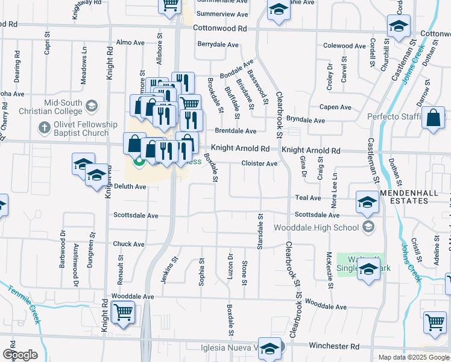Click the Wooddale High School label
pyautogui.click(x=316, y=227)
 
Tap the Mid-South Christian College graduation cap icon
pyautogui.click(x=92, y=107)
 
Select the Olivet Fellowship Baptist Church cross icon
pyautogui.click(x=43, y=128)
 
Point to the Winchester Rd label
pyautogui.click(x=333, y=346)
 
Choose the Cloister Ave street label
pyautogui.click(x=259, y=164)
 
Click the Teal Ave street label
pyautogui.click(x=308, y=197)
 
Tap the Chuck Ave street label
pyautogui.click(x=128, y=244)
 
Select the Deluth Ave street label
pyautogui.click(x=130, y=187)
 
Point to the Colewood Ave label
pyautogui.click(x=345, y=46)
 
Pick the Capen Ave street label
pyautogui.click(x=335, y=107)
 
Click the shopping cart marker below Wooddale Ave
pyautogui.click(x=123, y=312)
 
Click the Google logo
pyautogui.click(x=20, y=354)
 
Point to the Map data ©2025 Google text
pyautogui.click(x=414, y=357)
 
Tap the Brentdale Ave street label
pyautogui.click(x=236, y=131)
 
